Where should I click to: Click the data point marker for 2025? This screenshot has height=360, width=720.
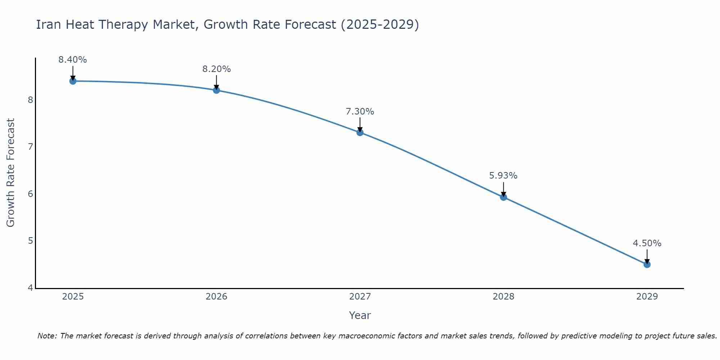73,81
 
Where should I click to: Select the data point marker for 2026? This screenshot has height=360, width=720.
216,90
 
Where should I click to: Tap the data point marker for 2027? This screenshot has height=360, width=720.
360,132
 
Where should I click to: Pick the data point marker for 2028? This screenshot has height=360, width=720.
503,197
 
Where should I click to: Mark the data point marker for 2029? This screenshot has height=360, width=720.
647,265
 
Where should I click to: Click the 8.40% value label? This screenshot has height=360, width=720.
73,60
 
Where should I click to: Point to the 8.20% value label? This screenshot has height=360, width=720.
216,69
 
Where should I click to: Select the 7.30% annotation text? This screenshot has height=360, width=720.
360,112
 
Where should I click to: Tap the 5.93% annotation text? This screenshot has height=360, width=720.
503,176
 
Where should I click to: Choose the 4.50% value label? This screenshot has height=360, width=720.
647,243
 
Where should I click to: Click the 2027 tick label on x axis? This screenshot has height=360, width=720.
360,297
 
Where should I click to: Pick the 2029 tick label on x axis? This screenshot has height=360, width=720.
647,297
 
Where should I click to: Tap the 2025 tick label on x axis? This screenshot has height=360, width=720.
73,297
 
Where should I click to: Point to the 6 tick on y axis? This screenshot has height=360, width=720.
30,194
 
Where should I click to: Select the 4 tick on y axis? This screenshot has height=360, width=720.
30,288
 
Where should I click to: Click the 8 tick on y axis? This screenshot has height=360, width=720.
30,100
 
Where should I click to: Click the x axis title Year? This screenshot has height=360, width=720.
360,315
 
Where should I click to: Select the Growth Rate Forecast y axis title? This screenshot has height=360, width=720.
11,173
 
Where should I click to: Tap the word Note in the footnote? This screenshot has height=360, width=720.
47,336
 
